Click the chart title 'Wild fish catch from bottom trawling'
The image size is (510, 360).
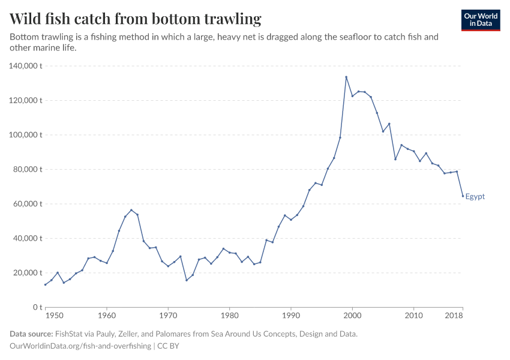pos(136,19)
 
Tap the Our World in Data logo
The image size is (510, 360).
pos(480,20)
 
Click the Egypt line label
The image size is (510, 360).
pos(475,197)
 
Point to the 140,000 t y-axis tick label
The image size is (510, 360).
pos(25,66)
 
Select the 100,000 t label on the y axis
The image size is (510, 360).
pos(25,135)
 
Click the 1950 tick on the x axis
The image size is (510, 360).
pos(53,315)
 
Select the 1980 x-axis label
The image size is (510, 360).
pos(229,315)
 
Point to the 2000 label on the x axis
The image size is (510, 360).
pos(352,315)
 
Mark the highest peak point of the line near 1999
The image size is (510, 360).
pos(346,77)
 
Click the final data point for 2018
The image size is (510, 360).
pos(463,196)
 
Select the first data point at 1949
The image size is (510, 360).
pos(45,284)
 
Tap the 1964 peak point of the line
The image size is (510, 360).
pos(131,210)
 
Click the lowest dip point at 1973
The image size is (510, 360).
pos(187,280)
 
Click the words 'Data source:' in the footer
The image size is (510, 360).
pos(31,334)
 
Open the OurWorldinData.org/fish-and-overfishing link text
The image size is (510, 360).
pos(80,346)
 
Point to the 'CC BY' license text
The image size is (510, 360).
pos(169,346)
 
